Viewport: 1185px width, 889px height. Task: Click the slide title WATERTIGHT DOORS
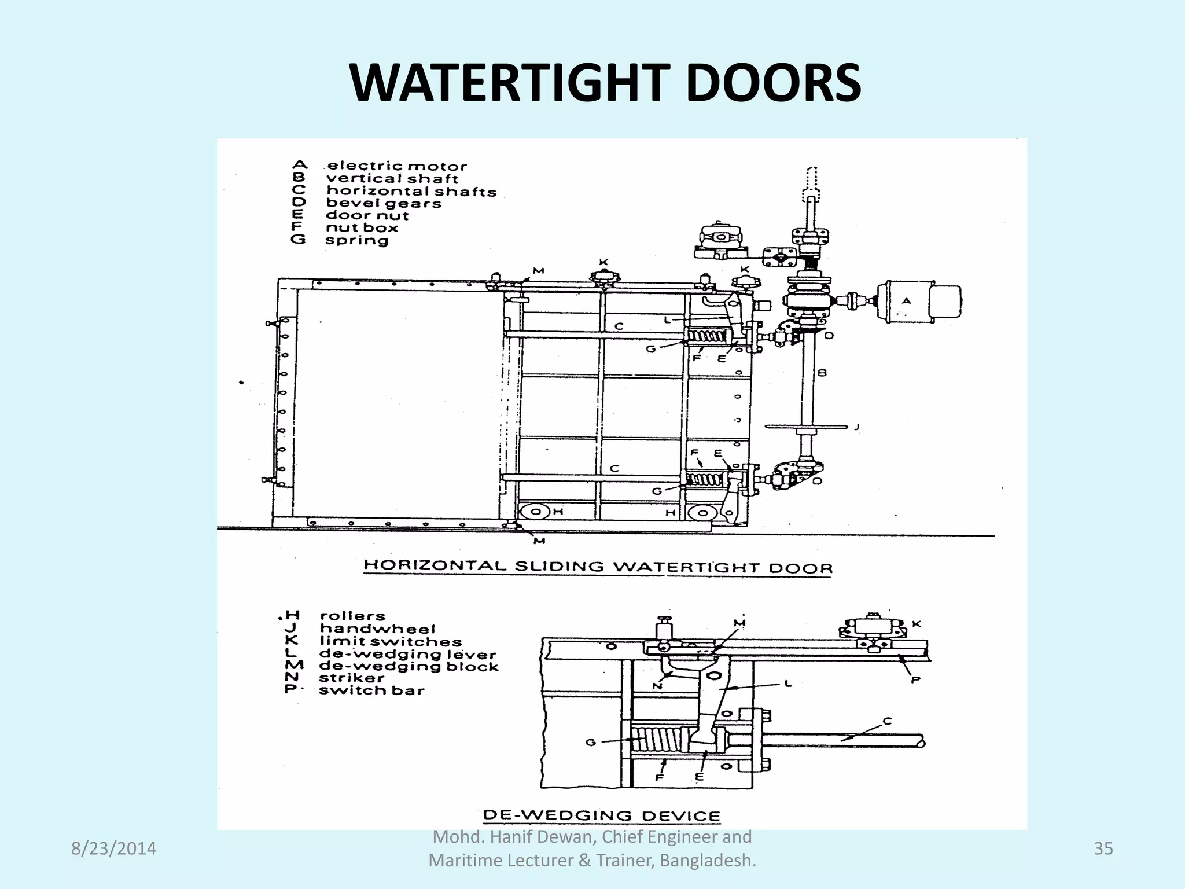[x=605, y=84]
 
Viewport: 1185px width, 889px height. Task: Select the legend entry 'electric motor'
[x=397, y=167]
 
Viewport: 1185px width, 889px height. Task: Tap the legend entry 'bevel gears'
[x=384, y=203]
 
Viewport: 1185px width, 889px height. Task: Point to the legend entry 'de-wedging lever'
[x=407, y=655]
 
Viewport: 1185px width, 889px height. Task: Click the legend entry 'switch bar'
[x=371, y=690]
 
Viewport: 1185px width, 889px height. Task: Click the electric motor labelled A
[x=920, y=301]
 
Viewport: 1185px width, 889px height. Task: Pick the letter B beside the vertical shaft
[x=822, y=373]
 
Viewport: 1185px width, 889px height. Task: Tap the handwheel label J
[x=856, y=427]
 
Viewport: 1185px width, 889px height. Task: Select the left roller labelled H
[x=536, y=512]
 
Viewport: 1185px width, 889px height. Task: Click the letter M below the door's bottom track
[x=539, y=541]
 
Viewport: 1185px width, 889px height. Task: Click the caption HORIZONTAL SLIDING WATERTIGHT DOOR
[x=598, y=567]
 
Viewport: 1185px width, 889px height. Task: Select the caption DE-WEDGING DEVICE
[x=602, y=816]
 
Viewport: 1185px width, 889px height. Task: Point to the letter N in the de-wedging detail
[x=657, y=686]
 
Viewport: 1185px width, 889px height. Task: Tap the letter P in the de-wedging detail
[x=915, y=680]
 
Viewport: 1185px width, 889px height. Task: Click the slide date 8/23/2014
[x=113, y=848]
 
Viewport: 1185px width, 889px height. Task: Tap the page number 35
[x=1103, y=848]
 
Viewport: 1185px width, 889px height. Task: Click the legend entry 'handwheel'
[x=377, y=629]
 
